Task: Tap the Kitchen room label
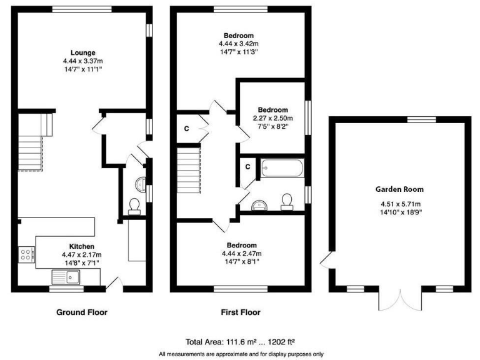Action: click(x=82, y=246)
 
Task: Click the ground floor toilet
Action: click(x=134, y=206)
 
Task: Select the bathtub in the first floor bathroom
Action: click(x=282, y=167)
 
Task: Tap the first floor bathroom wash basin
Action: click(x=258, y=204)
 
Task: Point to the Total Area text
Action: click(x=241, y=342)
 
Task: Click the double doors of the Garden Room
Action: click(x=399, y=301)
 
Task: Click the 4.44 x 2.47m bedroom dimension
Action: click(x=241, y=254)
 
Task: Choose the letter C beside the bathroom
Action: click(x=247, y=167)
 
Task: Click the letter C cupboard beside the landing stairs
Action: click(x=186, y=129)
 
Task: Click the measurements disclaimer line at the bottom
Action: click(x=241, y=354)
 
